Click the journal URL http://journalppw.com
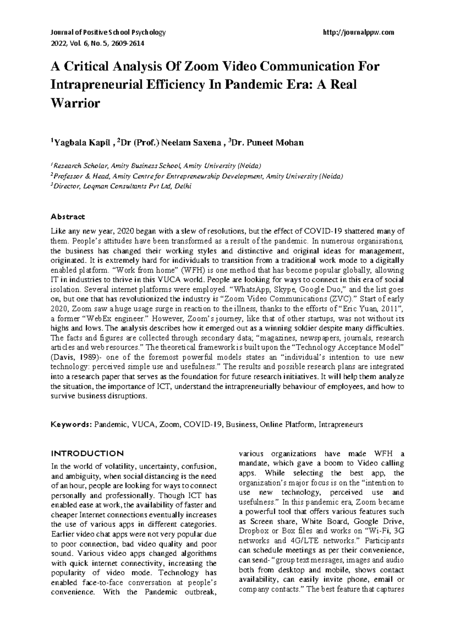click(358, 33)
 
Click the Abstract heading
click(68, 217)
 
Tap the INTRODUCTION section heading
click(87, 453)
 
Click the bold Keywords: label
click(71, 425)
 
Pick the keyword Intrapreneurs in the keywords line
click(341, 425)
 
